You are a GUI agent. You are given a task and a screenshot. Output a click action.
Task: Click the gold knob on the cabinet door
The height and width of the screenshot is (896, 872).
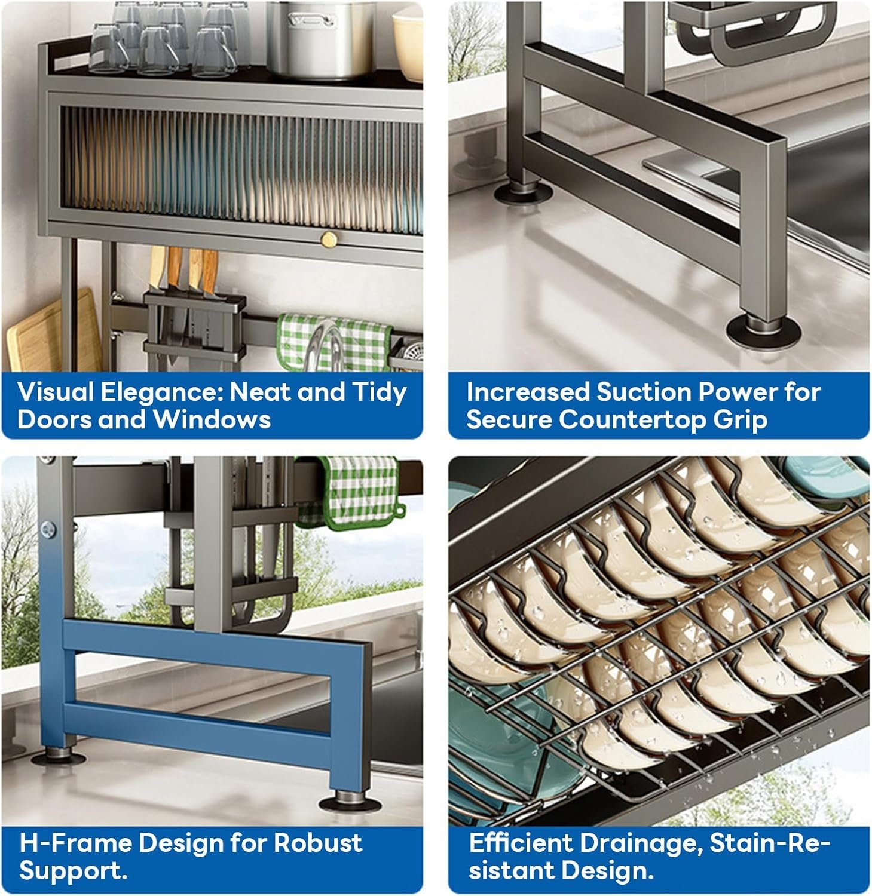pos(329,240)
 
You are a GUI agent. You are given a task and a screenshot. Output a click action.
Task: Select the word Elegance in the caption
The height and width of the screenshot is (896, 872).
pos(161,392)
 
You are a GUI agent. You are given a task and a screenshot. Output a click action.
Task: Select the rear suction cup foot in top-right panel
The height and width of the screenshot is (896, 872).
pos(524,192)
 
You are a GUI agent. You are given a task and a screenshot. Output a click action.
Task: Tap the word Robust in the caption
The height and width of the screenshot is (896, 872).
pos(318,843)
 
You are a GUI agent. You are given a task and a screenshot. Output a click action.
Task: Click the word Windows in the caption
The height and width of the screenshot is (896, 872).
pos(212,419)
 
